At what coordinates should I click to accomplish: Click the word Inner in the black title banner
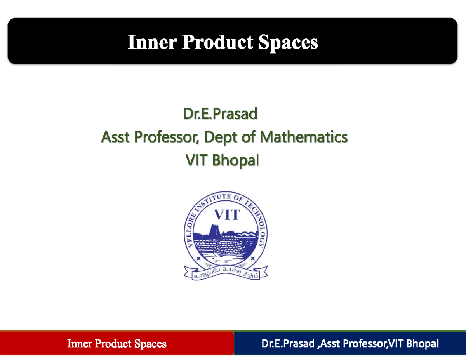[x=152, y=42]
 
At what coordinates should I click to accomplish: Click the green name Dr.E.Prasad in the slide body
[x=220, y=114]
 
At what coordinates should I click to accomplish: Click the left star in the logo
[x=198, y=258]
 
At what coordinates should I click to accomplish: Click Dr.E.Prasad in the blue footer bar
[x=286, y=343]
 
